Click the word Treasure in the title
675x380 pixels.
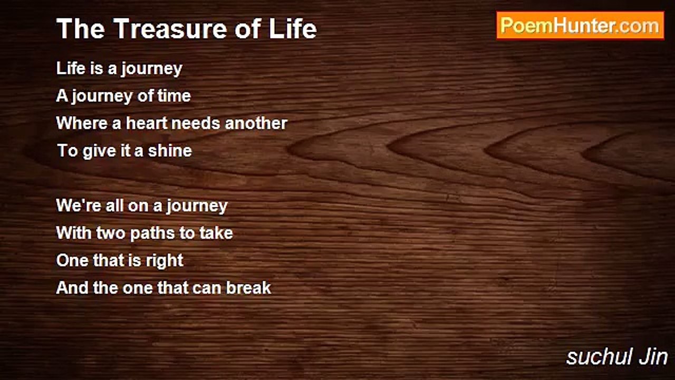click(x=170, y=28)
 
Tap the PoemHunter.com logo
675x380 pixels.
click(x=581, y=26)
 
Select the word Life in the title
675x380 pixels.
click(x=293, y=28)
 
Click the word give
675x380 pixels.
click(x=99, y=151)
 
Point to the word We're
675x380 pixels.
click(x=79, y=206)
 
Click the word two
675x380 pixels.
click(x=111, y=233)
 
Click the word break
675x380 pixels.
click(x=248, y=288)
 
